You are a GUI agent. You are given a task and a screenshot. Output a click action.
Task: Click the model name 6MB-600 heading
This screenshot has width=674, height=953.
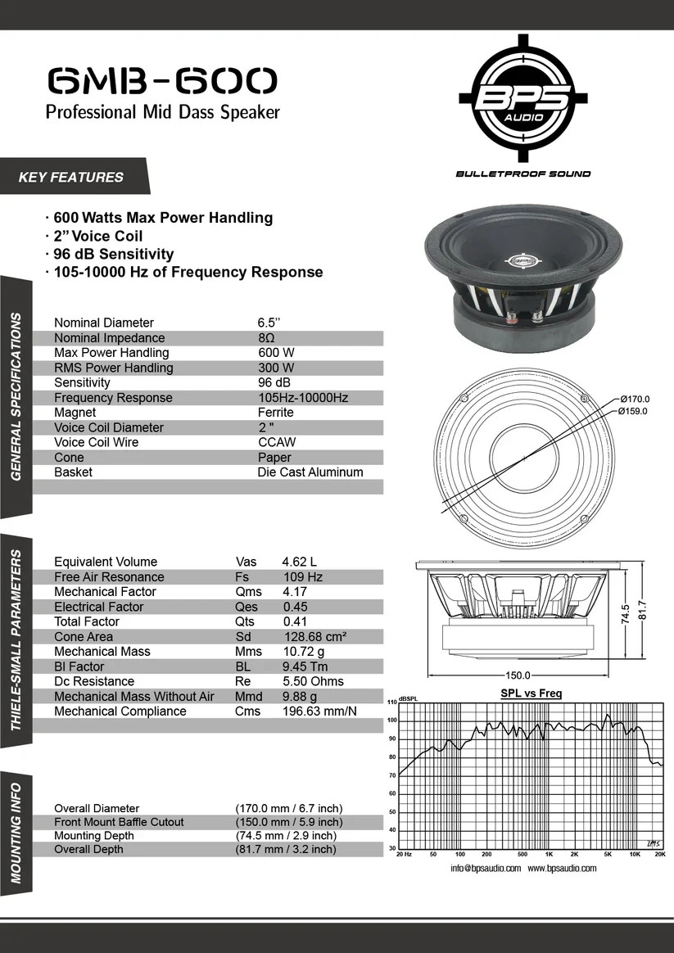point(162,81)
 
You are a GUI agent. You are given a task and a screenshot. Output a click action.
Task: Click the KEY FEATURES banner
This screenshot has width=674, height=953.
point(71,177)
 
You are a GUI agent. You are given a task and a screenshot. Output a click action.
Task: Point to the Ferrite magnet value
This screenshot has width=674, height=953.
point(275,413)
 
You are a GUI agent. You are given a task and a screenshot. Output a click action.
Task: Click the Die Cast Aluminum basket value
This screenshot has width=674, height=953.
point(310,472)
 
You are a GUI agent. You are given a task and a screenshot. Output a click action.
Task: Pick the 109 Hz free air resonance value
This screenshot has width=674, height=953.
point(302,577)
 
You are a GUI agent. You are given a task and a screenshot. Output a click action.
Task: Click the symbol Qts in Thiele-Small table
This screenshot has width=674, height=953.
point(246,622)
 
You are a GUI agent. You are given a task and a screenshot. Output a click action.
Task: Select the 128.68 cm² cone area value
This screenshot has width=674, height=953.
point(314,637)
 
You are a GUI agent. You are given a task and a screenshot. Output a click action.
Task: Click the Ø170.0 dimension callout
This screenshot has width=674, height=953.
point(635,399)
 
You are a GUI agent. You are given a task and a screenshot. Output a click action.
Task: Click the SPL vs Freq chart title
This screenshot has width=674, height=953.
point(531,693)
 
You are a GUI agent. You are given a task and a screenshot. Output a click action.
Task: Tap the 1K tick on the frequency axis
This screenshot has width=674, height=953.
point(549,854)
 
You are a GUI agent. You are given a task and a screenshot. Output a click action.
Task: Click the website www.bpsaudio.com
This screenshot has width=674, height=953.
point(562,869)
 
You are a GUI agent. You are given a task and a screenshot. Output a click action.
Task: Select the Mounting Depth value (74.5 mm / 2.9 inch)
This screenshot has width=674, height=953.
point(285,836)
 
